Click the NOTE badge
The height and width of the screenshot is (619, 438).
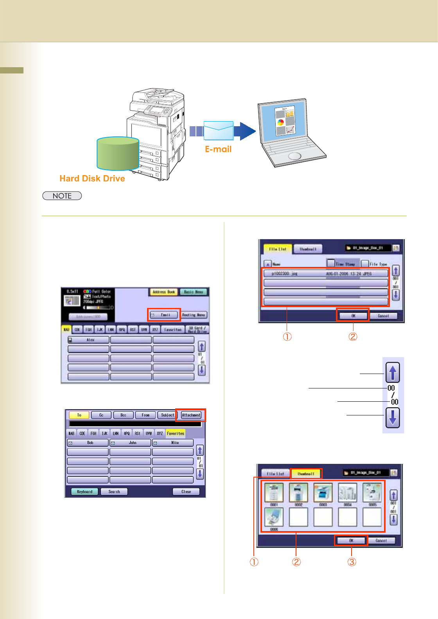(x=62, y=196)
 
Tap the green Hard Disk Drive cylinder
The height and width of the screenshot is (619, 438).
(x=118, y=154)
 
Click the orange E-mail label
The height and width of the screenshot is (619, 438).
(x=218, y=149)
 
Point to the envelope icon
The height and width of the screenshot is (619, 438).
(x=218, y=131)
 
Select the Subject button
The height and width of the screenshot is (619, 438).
(x=167, y=415)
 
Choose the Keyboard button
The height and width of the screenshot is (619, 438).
(x=84, y=492)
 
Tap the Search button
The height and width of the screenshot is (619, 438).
(x=114, y=492)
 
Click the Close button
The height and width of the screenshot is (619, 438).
(x=186, y=492)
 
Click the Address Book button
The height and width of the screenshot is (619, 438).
(x=163, y=292)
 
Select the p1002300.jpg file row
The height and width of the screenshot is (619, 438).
(x=325, y=274)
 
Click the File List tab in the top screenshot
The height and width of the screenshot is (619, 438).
(x=278, y=249)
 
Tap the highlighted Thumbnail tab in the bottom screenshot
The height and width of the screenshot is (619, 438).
(x=306, y=474)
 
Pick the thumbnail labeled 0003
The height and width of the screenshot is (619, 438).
(x=323, y=493)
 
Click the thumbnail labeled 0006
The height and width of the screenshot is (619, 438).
(x=274, y=517)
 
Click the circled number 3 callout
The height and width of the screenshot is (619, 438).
(x=352, y=562)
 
